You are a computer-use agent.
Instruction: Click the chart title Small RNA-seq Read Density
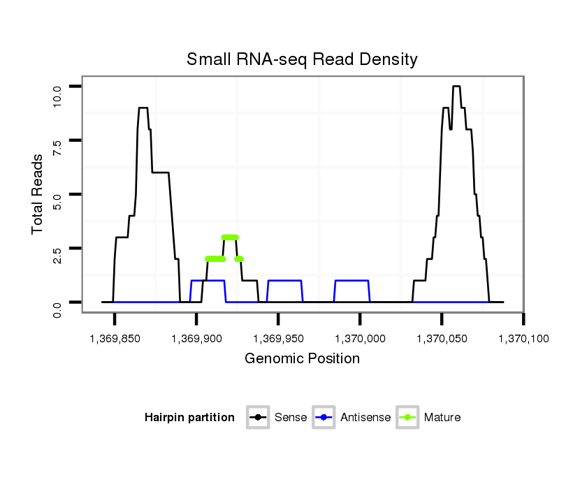coord(302,59)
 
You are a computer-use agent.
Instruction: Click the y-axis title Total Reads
coord(38,194)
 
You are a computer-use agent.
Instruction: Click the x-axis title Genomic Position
coord(302,359)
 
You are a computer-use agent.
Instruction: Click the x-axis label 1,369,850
coord(114,339)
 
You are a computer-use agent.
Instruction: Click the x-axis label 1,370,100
coord(523,339)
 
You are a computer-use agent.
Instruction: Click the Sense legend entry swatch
coord(258,418)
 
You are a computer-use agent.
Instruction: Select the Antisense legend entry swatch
coord(325,418)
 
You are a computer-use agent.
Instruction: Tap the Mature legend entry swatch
coord(407,418)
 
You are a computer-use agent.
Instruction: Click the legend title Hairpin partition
coord(189,418)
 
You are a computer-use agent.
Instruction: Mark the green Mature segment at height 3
coord(230,237)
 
